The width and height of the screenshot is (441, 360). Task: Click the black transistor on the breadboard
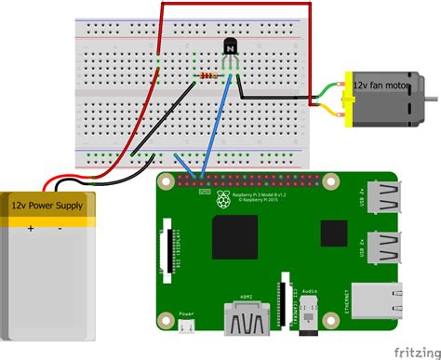(230, 47)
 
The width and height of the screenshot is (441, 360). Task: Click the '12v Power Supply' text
(47, 205)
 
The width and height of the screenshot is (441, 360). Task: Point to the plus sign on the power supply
(30, 226)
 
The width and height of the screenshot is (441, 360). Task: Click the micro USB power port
(186, 327)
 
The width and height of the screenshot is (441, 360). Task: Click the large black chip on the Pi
(234, 236)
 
